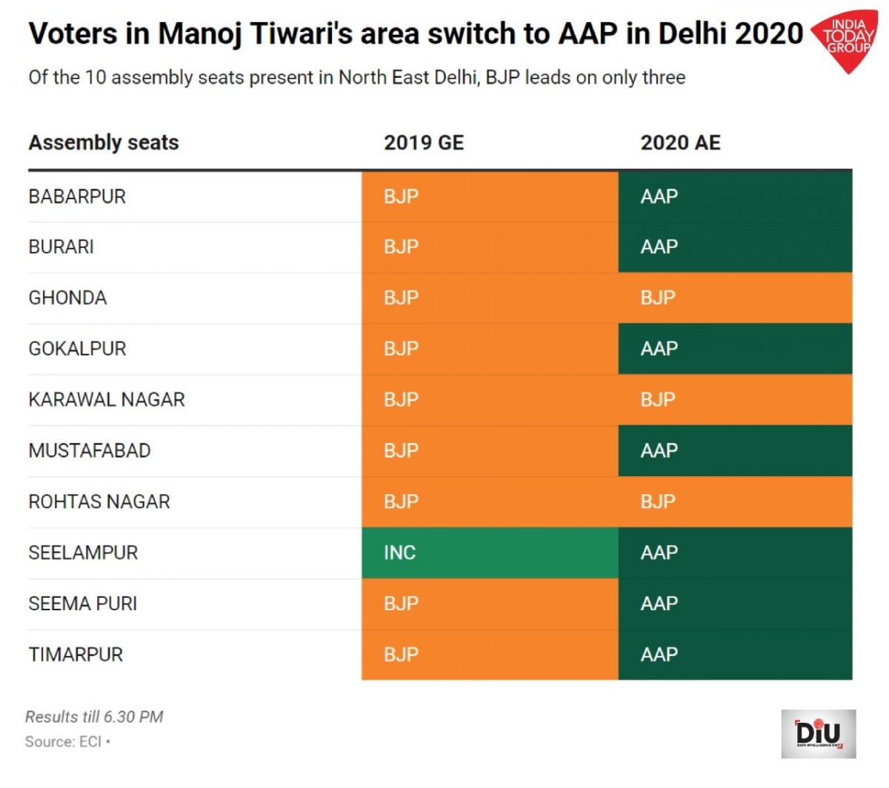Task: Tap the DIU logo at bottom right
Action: tap(818, 733)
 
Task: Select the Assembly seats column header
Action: tap(104, 142)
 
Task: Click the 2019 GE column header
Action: tap(424, 142)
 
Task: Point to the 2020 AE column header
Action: tap(680, 142)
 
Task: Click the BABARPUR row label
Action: tap(77, 196)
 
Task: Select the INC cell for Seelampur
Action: tap(490, 552)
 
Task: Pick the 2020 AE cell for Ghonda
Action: tap(735, 298)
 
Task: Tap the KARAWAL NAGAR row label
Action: tap(107, 400)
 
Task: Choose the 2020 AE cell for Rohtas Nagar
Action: tap(735, 501)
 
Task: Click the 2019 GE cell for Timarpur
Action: tap(490, 655)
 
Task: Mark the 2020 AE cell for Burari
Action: tap(735, 247)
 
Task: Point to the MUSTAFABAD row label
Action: tap(90, 450)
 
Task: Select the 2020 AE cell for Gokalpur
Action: tap(735, 349)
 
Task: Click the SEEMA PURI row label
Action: tap(83, 604)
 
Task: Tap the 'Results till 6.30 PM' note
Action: tap(94, 717)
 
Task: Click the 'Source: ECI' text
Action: tap(64, 741)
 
